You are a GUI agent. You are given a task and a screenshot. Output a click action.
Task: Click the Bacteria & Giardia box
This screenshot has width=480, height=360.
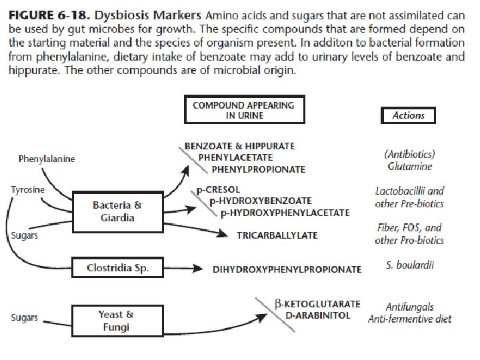click(117, 211)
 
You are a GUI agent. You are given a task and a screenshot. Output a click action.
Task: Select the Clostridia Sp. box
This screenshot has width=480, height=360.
click(117, 269)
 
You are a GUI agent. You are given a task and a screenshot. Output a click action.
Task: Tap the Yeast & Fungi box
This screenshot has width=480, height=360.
click(120, 320)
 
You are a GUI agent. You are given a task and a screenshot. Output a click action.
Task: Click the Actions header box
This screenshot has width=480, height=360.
click(408, 115)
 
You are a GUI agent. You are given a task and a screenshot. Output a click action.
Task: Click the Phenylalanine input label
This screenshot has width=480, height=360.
click(47, 159)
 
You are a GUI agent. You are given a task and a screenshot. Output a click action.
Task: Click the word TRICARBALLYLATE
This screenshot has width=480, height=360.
click(277, 235)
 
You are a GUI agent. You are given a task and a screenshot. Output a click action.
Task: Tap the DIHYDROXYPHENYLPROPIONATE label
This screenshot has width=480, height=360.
click(287, 269)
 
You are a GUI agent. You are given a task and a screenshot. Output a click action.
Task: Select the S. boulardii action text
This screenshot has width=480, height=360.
click(409, 265)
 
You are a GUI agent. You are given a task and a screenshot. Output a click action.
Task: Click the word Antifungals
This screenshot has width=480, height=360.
click(409, 307)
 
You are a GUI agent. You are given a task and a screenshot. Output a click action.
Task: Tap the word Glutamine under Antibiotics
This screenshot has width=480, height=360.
click(409, 166)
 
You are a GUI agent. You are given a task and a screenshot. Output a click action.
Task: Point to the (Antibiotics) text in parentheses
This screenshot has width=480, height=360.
click(409, 153)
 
